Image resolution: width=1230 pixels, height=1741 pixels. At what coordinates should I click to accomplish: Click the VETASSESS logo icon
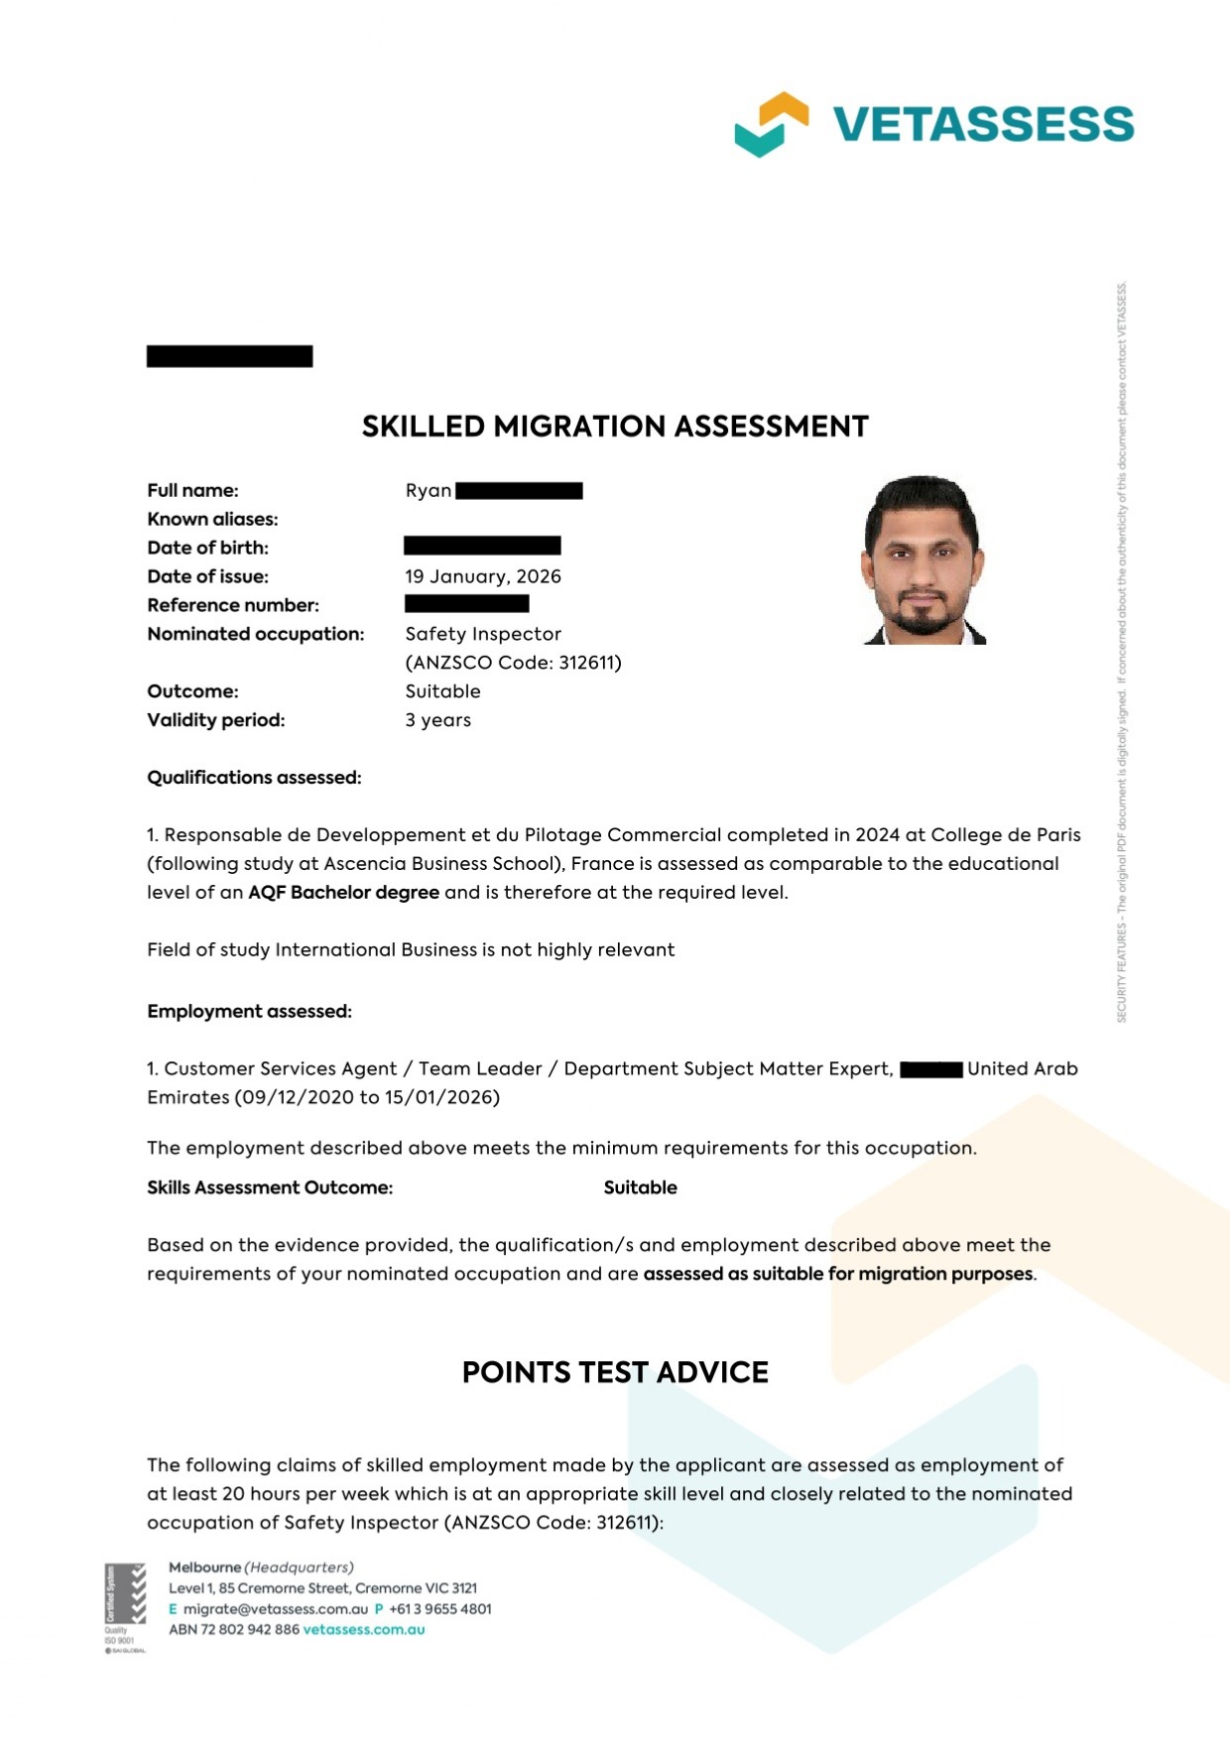pos(771,124)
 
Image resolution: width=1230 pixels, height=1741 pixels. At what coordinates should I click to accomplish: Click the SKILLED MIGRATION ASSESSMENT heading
pos(615,427)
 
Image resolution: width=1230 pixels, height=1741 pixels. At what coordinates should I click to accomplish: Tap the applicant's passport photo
pos(924,560)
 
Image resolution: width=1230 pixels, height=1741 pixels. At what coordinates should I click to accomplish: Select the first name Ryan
pos(429,491)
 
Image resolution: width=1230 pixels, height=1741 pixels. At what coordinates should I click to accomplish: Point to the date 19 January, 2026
pos(483,576)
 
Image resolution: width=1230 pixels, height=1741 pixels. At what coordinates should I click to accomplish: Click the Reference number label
pos(233,605)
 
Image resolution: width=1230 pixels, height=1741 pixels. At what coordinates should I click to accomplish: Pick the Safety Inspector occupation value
pos(483,634)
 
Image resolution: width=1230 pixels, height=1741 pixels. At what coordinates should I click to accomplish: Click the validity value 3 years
pos(437,720)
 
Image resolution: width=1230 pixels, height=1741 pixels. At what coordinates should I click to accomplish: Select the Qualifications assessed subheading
pos(254,778)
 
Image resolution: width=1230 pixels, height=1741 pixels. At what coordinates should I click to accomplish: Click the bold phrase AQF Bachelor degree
pos(343,892)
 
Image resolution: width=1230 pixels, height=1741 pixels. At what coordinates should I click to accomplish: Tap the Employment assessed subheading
pos(249,1012)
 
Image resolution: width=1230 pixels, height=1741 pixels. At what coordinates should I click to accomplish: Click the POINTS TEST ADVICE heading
pos(615,1372)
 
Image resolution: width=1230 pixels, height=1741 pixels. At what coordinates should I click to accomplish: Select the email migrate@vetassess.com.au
pos(275,1609)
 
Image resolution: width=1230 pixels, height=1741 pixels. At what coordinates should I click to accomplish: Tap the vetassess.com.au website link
pos(364,1629)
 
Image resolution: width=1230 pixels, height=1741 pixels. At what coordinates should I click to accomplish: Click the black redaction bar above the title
pos(229,356)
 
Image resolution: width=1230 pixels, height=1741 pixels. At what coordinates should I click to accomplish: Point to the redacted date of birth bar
pos(482,546)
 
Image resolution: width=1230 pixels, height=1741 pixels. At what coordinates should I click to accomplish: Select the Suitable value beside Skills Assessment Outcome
pos(640,1187)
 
